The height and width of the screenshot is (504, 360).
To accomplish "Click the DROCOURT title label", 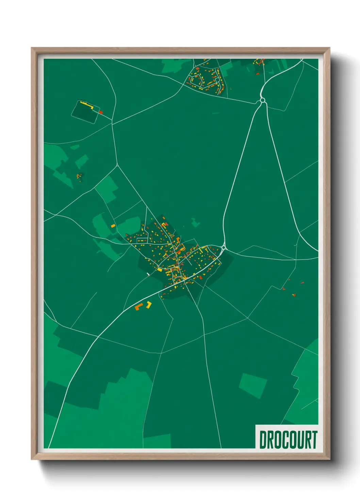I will [288, 440].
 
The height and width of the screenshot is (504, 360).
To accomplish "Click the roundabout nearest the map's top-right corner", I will [262, 100].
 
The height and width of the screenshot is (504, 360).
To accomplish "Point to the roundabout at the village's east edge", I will [224, 247].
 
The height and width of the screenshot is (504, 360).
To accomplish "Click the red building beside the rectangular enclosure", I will [101, 112].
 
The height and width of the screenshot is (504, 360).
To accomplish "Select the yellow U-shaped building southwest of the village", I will [148, 304].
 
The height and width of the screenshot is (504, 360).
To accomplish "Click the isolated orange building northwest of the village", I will [113, 226].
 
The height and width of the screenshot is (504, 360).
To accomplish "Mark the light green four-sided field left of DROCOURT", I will [252, 385].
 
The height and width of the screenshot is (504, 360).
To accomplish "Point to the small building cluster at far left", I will [79, 176].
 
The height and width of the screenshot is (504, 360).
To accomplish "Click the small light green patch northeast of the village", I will [195, 223].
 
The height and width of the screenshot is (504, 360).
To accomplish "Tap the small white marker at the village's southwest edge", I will [148, 273].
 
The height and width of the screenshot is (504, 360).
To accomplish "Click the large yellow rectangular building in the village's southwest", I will [160, 270].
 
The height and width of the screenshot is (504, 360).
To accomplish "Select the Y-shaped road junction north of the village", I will [117, 166].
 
